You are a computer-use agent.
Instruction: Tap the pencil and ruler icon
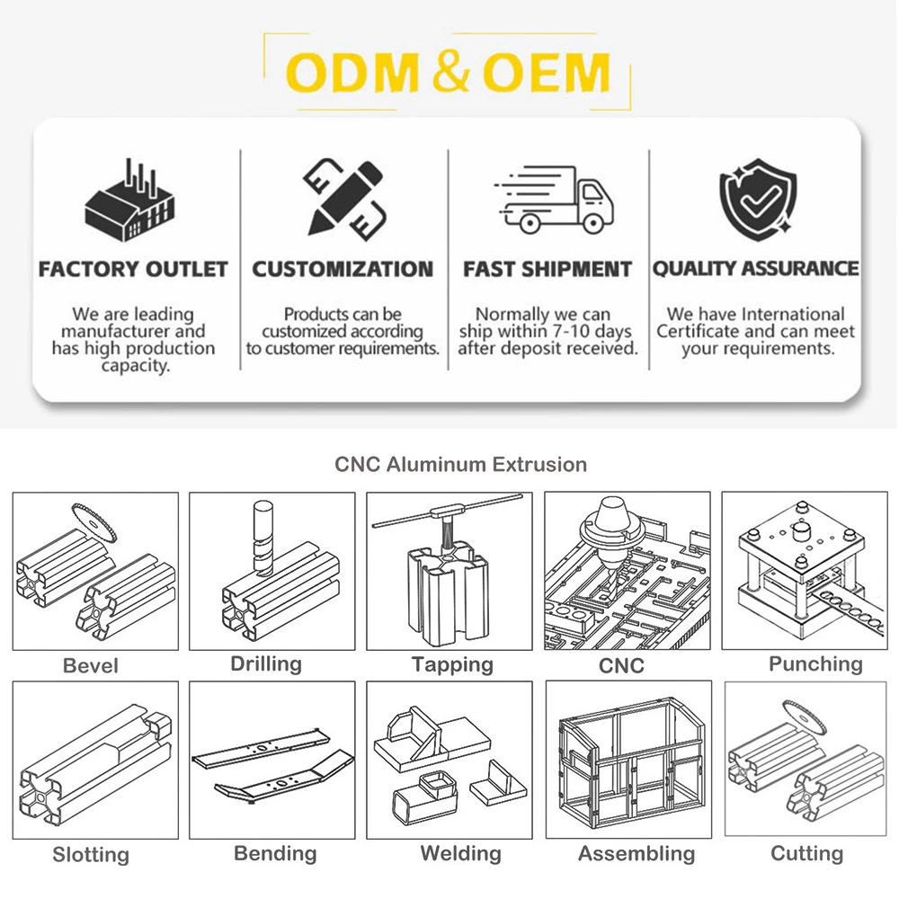pyautogui.click(x=344, y=198)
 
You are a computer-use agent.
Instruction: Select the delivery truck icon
pyautogui.click(x=554, y=200)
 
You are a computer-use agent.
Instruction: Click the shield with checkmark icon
pyautogui.click(x=758, y=199)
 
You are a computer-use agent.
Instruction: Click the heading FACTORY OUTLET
pyautogui.click(x=133, y=269)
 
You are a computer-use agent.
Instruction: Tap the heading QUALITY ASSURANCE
pyautogui.click(x=756, y=268)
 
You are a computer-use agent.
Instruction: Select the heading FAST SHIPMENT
pyautogui.click(x=547, y=269)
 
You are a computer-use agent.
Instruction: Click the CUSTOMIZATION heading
pyautogui.click(x=343, y=269)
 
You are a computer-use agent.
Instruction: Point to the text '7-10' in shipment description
pyautogui.click(x=571, y=332)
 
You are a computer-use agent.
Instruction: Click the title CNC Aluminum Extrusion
pyautogui.click(x=461, y=465)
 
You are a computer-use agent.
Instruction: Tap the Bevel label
pyautogui.click(x=91, y=665)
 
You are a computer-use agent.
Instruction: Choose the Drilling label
pyautogui.click(x=266, y=664)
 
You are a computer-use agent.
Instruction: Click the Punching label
pyautogui.click(x=815, y=664)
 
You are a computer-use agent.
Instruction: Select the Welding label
pyautogui.click(x=461, y=853)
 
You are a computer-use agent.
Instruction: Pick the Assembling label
pyautogui.click(x=636, y=853)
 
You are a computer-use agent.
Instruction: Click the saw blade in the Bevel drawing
pyautogui.click(x=94, y=522)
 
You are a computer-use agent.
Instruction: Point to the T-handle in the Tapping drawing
pyautogui.click(x=448, y=511)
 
